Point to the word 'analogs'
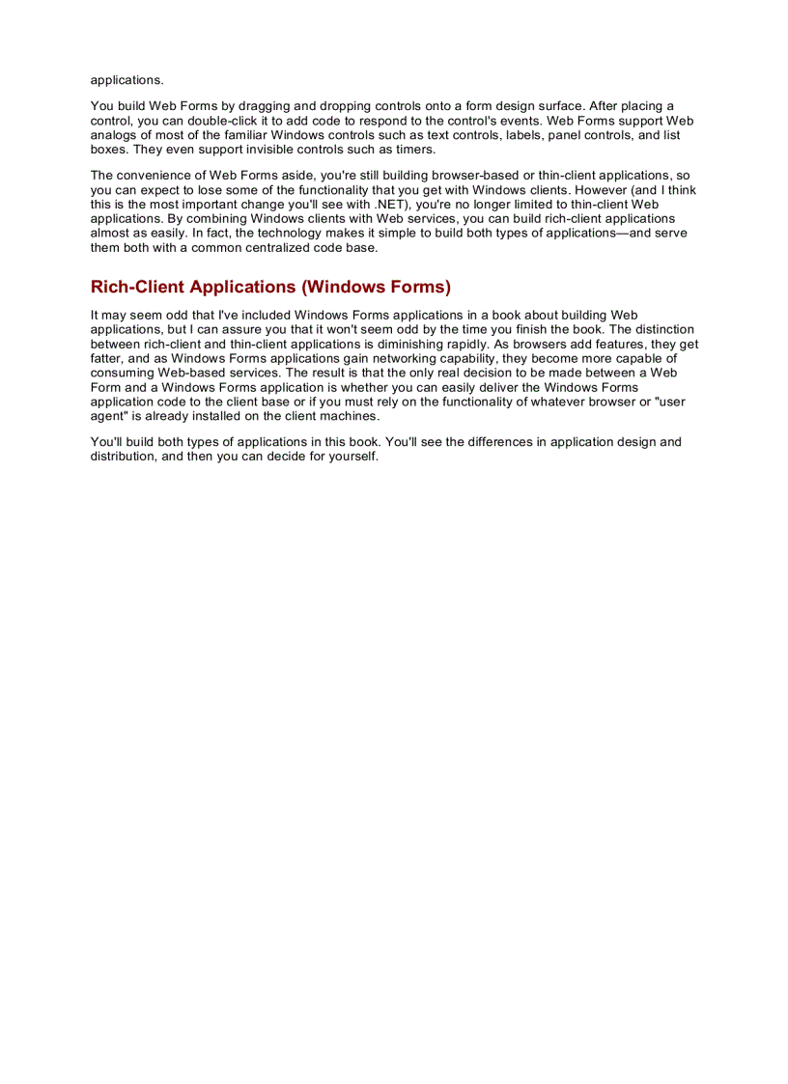[x=114, y=135]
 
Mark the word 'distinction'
[x=660, y=329]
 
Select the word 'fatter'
[x=107, y=358]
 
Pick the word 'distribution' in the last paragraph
[x=126, y=456]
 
